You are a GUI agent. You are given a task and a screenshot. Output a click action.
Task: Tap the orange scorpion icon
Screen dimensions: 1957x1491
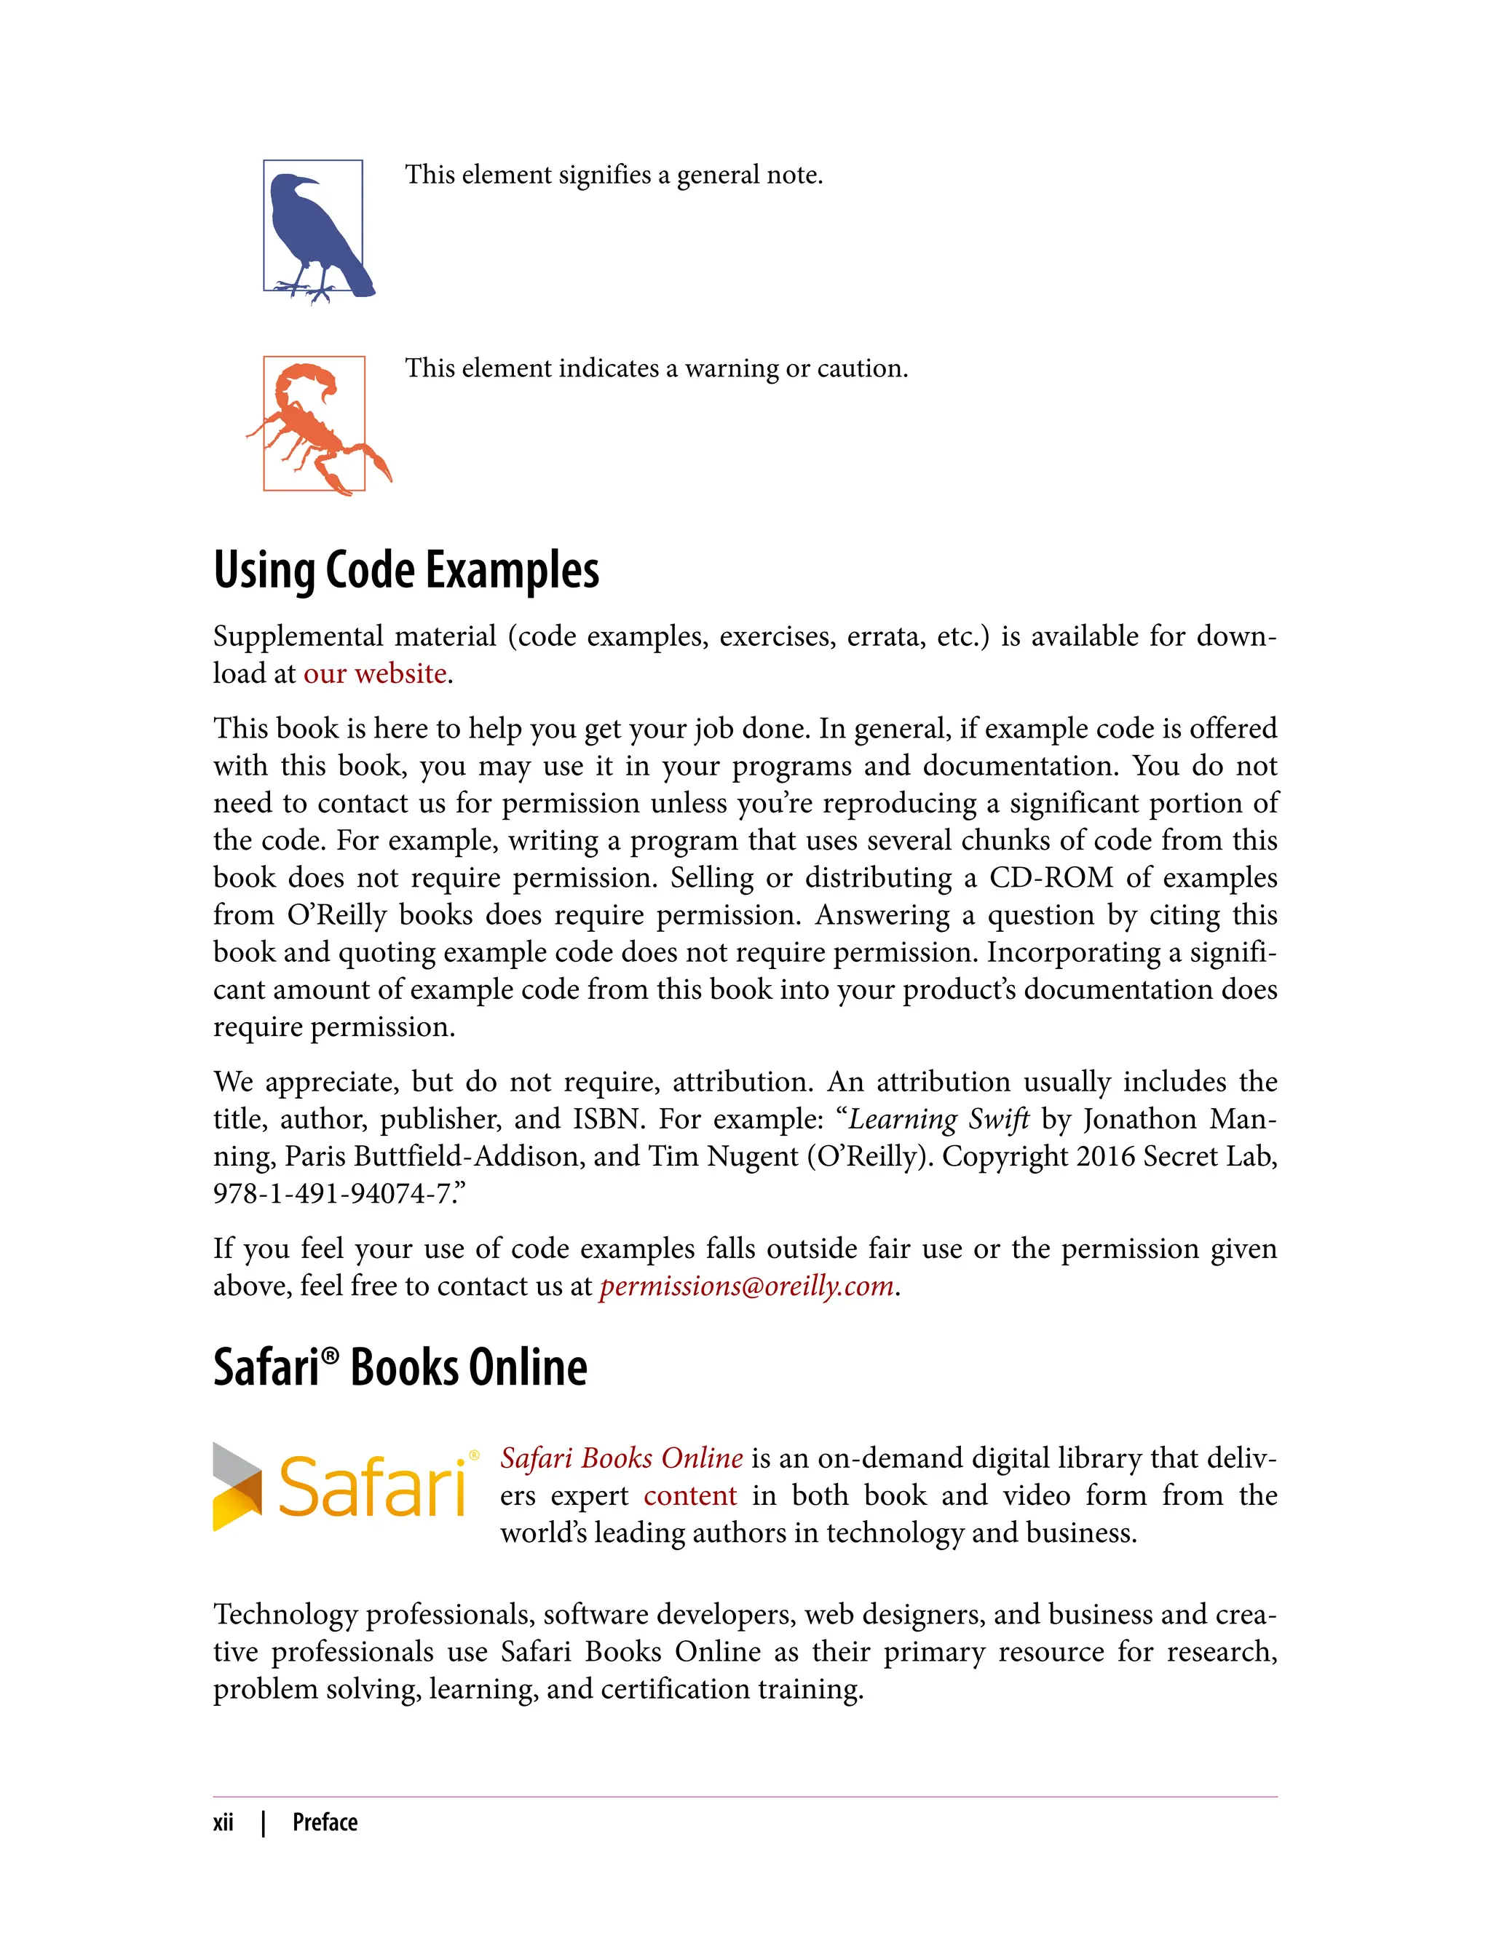[x=315, y=424]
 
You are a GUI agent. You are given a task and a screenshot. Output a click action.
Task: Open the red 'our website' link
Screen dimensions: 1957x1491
[x=374, y=673]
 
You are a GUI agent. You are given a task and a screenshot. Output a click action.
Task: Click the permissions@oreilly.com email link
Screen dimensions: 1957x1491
[x=745, y=1286]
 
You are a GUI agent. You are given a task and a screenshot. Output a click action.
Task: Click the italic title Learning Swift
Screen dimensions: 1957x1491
[x=939, y=1119]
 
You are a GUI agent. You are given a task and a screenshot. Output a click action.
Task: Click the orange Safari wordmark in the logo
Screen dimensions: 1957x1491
[x=373, y=1487]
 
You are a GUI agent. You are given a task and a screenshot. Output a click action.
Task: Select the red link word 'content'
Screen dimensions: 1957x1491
[x=689, y=1495]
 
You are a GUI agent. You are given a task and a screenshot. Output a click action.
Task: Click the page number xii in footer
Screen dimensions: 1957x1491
[x=223, y=1822]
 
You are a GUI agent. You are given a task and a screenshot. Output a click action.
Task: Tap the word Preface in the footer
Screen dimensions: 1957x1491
[x=325, y=1822]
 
